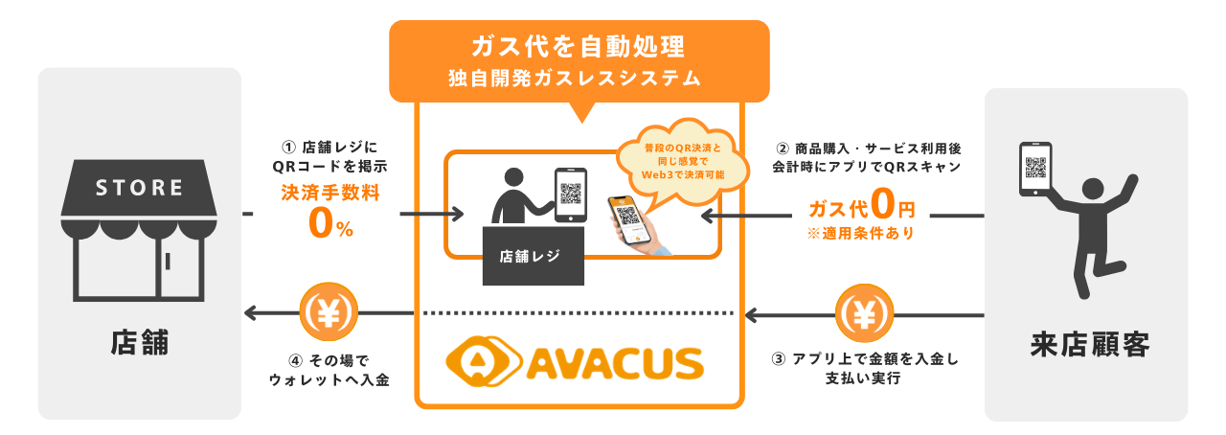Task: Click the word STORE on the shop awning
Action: [x=140, y=188]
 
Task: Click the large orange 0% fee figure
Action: [x=330, y=223]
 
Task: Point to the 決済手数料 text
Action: [x=330, y=192]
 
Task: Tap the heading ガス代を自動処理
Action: [x=578, y=46]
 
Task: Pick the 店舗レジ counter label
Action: [x=529, y=256]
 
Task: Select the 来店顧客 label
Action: [x=1089, y=343]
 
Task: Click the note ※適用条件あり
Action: [x=863, y=233]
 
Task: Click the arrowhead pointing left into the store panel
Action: [x=252, y=312]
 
